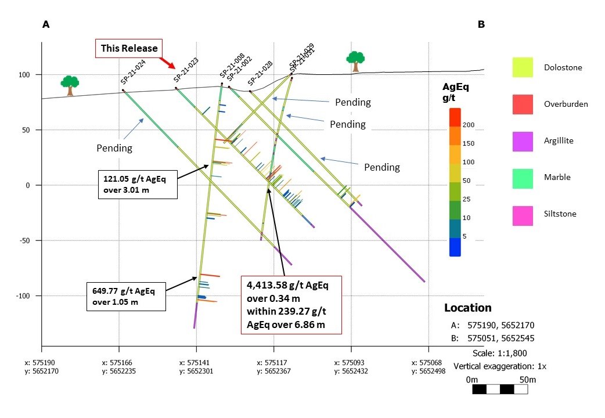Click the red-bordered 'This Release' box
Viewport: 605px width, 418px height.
pos(129,48)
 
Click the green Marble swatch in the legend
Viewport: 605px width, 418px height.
pos(522,177)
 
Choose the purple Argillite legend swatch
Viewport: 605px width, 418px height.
pos(522,140)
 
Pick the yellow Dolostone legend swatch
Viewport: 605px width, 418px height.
pos(522,67)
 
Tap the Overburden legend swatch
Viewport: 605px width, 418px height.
pos(522,104)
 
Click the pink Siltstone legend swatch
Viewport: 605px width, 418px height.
pos(522,214)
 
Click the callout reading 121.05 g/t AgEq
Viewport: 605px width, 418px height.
pos(138,184)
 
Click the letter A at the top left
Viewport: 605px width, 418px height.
pos(45,25)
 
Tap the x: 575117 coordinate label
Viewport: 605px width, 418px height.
pos(273,363)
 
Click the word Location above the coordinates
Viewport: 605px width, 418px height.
pos(467,308)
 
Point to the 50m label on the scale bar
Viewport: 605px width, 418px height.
pos(527,380)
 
